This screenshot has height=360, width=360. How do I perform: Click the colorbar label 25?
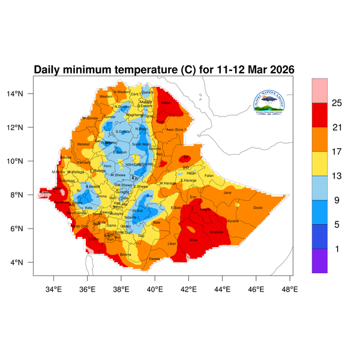[x=337, y=103]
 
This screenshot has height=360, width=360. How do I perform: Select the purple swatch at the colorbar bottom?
[x=320, y=261]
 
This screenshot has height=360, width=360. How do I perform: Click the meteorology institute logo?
[x=274, y=102]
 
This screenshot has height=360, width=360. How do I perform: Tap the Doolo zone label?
[x=258, y=208]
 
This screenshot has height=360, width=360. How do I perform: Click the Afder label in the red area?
[x=193, y=240]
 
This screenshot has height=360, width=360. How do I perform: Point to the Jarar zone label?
[x=227, y=193]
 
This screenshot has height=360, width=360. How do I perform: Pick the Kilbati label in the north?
[x=166, y=103]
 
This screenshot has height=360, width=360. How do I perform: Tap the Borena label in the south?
[x=125, y=254]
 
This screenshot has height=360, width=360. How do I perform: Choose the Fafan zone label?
[x=209, y=175]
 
